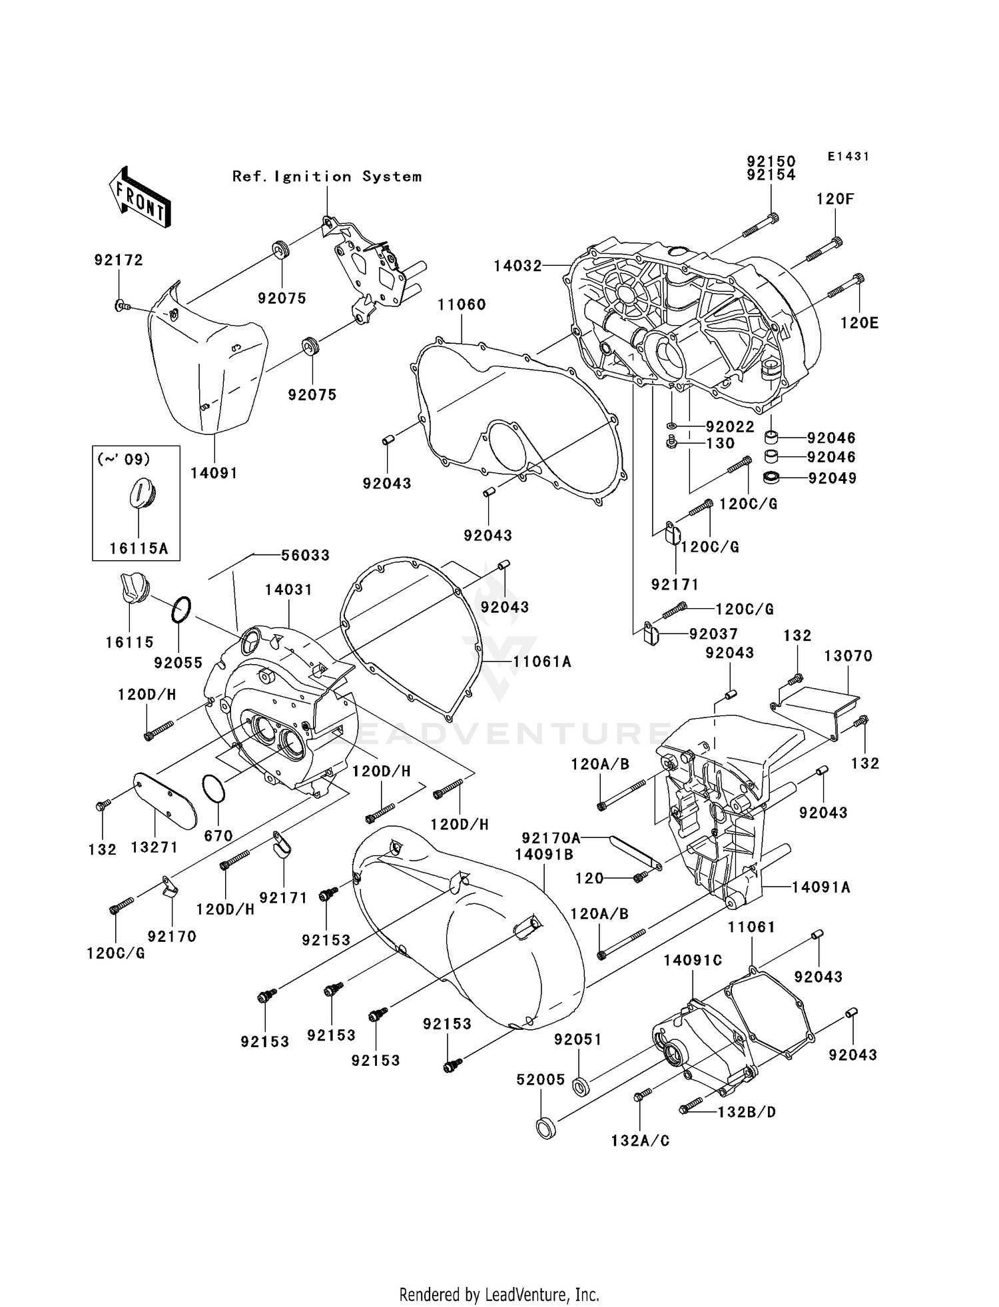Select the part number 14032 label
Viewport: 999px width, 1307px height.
(517, 266)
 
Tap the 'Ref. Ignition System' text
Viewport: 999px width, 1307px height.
(326, 177)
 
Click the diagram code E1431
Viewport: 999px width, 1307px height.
(848, 157)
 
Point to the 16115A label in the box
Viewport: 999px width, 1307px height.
(139, 548)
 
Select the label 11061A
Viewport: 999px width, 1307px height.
(541, 661)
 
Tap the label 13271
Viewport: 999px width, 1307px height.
(154, 847)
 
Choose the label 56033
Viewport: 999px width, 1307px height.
(305, 555)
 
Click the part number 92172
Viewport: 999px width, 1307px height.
(118, 260)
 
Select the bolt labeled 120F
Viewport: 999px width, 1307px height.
(825, 250)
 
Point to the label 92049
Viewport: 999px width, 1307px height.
(832, 478)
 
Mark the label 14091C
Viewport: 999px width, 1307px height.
(693, 960)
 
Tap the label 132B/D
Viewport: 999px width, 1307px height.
(746, 1112)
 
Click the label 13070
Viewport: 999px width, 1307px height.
(848, 655)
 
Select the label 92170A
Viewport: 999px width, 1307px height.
(551, 837)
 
